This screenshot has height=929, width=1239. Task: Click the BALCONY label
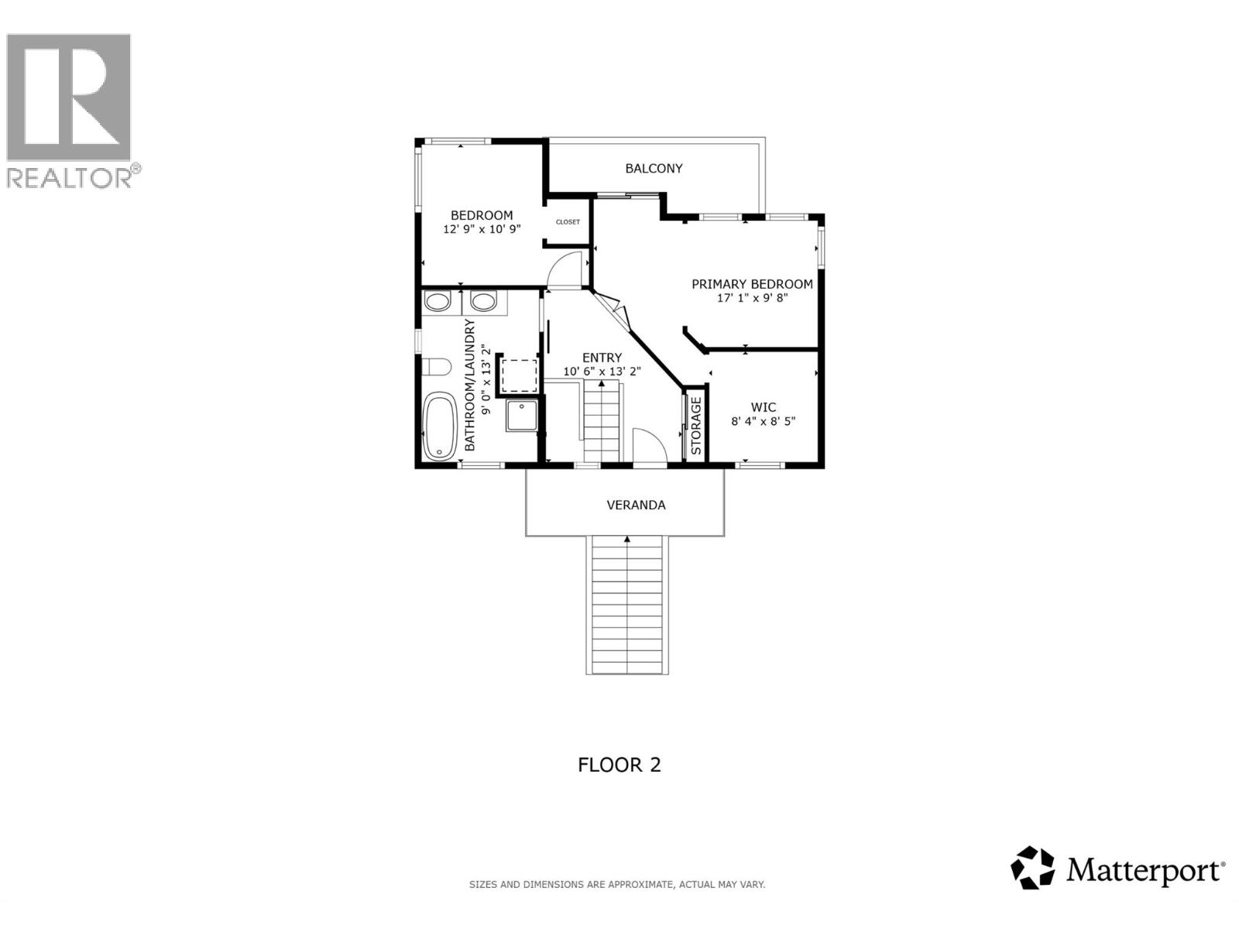tap(654, 169)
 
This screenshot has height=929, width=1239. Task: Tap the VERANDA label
tap(636, 505)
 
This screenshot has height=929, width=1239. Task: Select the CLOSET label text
tap(568, 222)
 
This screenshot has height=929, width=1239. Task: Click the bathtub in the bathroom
tap(440, 427)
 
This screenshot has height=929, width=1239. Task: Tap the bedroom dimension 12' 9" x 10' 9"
tap(482, 229)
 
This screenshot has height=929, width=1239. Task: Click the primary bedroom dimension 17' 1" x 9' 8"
tap(752, 298)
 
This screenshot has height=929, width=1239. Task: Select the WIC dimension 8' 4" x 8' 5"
tap(763, 421)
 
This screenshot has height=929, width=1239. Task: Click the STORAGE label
tap(695, 426)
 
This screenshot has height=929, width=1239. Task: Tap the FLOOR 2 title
tap(619, 765)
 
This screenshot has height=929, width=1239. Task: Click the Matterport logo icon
tap(1033, 868)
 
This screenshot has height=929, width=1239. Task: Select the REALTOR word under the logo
tap(70, 178)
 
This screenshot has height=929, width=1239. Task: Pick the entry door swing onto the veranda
tap(649, 447)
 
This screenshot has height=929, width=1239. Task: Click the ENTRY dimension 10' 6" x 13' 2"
tap(602, 371)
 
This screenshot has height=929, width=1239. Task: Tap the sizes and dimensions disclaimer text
tap(617, 884)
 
